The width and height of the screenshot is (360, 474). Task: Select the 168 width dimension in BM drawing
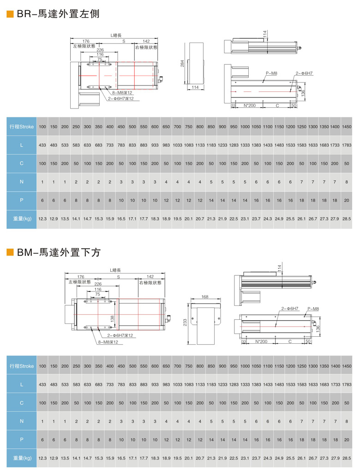[205, 297]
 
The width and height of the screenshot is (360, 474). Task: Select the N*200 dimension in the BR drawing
[249, 105]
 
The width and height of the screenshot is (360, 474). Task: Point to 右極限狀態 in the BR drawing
[146, 47]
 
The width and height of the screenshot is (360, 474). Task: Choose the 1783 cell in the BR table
[347, 145]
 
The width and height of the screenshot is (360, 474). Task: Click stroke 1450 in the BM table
[347, 365]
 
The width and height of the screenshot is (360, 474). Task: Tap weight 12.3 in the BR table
[42, 218]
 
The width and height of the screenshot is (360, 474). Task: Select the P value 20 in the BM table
[347, 439]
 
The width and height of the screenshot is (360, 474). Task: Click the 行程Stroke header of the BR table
[22, 127]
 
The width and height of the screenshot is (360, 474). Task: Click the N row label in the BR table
[22, 182]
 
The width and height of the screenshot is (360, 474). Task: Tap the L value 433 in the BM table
[42, 384]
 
